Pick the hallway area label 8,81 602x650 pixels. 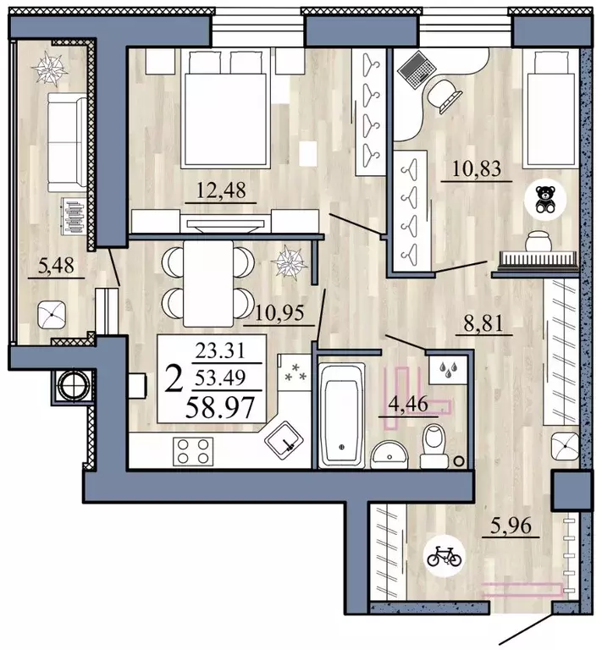(480, 322)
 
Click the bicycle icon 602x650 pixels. (445, 556)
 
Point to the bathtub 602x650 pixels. (341, 412)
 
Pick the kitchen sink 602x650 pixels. (286, 438)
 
